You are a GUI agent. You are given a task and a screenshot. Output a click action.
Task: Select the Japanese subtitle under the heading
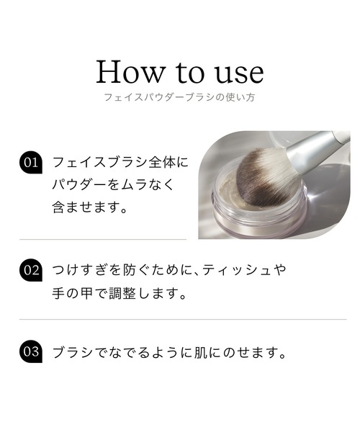[180, 96]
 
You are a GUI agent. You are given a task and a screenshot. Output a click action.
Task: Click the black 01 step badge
[31, 162]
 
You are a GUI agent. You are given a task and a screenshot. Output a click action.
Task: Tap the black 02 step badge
[31, 271]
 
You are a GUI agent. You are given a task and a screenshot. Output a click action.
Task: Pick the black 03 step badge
[31, 352]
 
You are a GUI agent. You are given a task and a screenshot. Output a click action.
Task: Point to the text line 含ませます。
[90, 208]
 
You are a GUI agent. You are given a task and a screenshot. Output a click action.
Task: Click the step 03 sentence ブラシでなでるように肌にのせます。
[169, 353]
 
